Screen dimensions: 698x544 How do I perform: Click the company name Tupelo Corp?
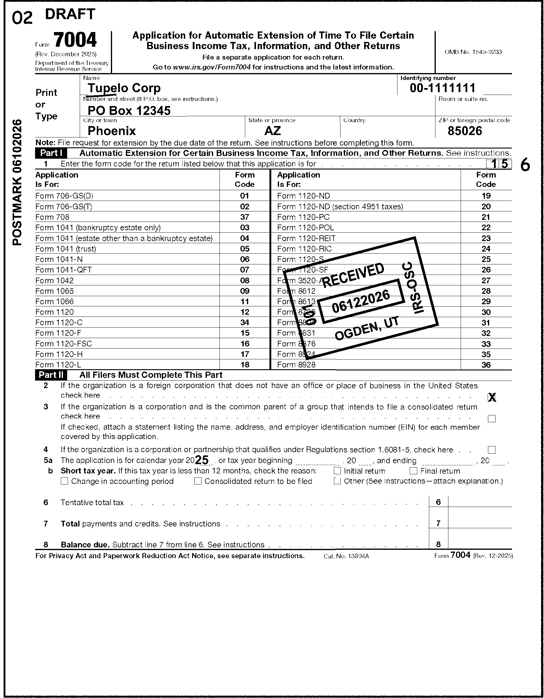click(124, 88)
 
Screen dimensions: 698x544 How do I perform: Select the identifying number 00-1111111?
click(443, 88)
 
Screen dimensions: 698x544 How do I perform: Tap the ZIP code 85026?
click(464, 131)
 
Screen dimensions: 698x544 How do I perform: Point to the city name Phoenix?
click(111, 131)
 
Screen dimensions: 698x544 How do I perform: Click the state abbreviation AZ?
click(272, 131)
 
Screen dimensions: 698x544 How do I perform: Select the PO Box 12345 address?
click(129, 110)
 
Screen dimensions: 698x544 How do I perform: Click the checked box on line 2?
click(492, 398)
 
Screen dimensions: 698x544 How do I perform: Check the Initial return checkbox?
click(337, 471)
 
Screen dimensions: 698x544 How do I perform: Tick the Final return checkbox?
click(414, 471)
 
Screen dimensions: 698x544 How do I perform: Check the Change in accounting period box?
click(65, 481)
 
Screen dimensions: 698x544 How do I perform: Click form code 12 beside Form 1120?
click(245, 312)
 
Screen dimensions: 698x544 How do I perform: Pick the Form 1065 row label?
click(54, 291)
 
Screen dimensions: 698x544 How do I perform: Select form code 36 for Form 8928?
click(486, 365)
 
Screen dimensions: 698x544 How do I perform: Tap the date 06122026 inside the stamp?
click(361, 301)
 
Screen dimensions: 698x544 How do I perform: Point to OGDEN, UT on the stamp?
click(367, 328)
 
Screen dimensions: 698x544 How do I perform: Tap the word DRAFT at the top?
click(70, 14)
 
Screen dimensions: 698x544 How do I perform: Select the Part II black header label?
click(51, 375)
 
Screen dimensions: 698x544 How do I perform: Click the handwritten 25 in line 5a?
click(202, 460)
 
